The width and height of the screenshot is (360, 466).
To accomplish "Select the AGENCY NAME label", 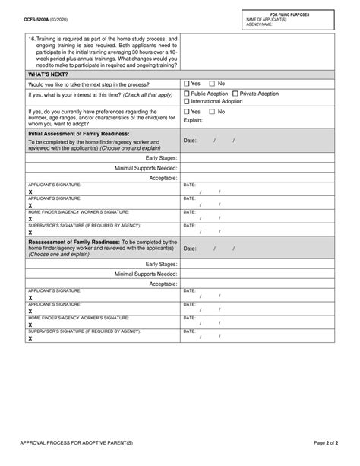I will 260,24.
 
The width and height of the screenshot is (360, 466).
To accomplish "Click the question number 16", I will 31,39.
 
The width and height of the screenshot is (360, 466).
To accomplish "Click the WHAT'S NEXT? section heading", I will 49,74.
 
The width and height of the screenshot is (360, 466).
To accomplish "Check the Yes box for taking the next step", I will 187,84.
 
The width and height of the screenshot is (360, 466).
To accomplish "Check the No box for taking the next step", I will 213,84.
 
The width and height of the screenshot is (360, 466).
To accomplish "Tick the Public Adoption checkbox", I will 187,94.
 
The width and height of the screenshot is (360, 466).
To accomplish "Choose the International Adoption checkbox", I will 187,102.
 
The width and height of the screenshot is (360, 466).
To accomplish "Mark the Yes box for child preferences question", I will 187,112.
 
